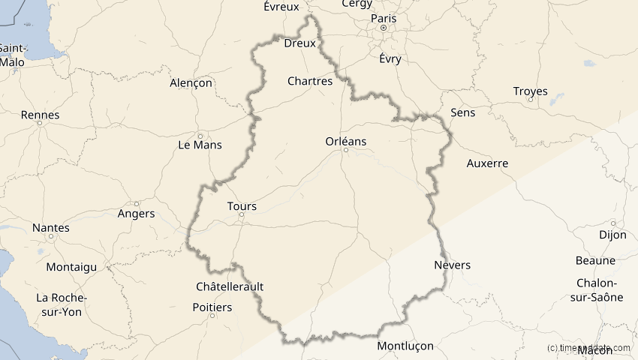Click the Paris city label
point(383,18)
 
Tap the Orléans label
point(346,141)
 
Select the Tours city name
point(242,206)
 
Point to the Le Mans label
point(200,145)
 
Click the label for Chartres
point(310,81)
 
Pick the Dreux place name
point(299,43)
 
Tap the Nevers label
point(453,265)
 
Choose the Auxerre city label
point(487,163)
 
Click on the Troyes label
point(531,91)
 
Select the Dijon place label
point(612,234)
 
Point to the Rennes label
point(41,115)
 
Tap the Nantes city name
point(51,228)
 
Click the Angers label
point(137,214)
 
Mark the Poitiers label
point(212,307)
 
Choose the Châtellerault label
point(230,286)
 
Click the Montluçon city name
point(405,346)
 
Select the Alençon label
point(191,83)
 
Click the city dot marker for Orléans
point(346,150)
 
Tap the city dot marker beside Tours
point(242,215)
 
